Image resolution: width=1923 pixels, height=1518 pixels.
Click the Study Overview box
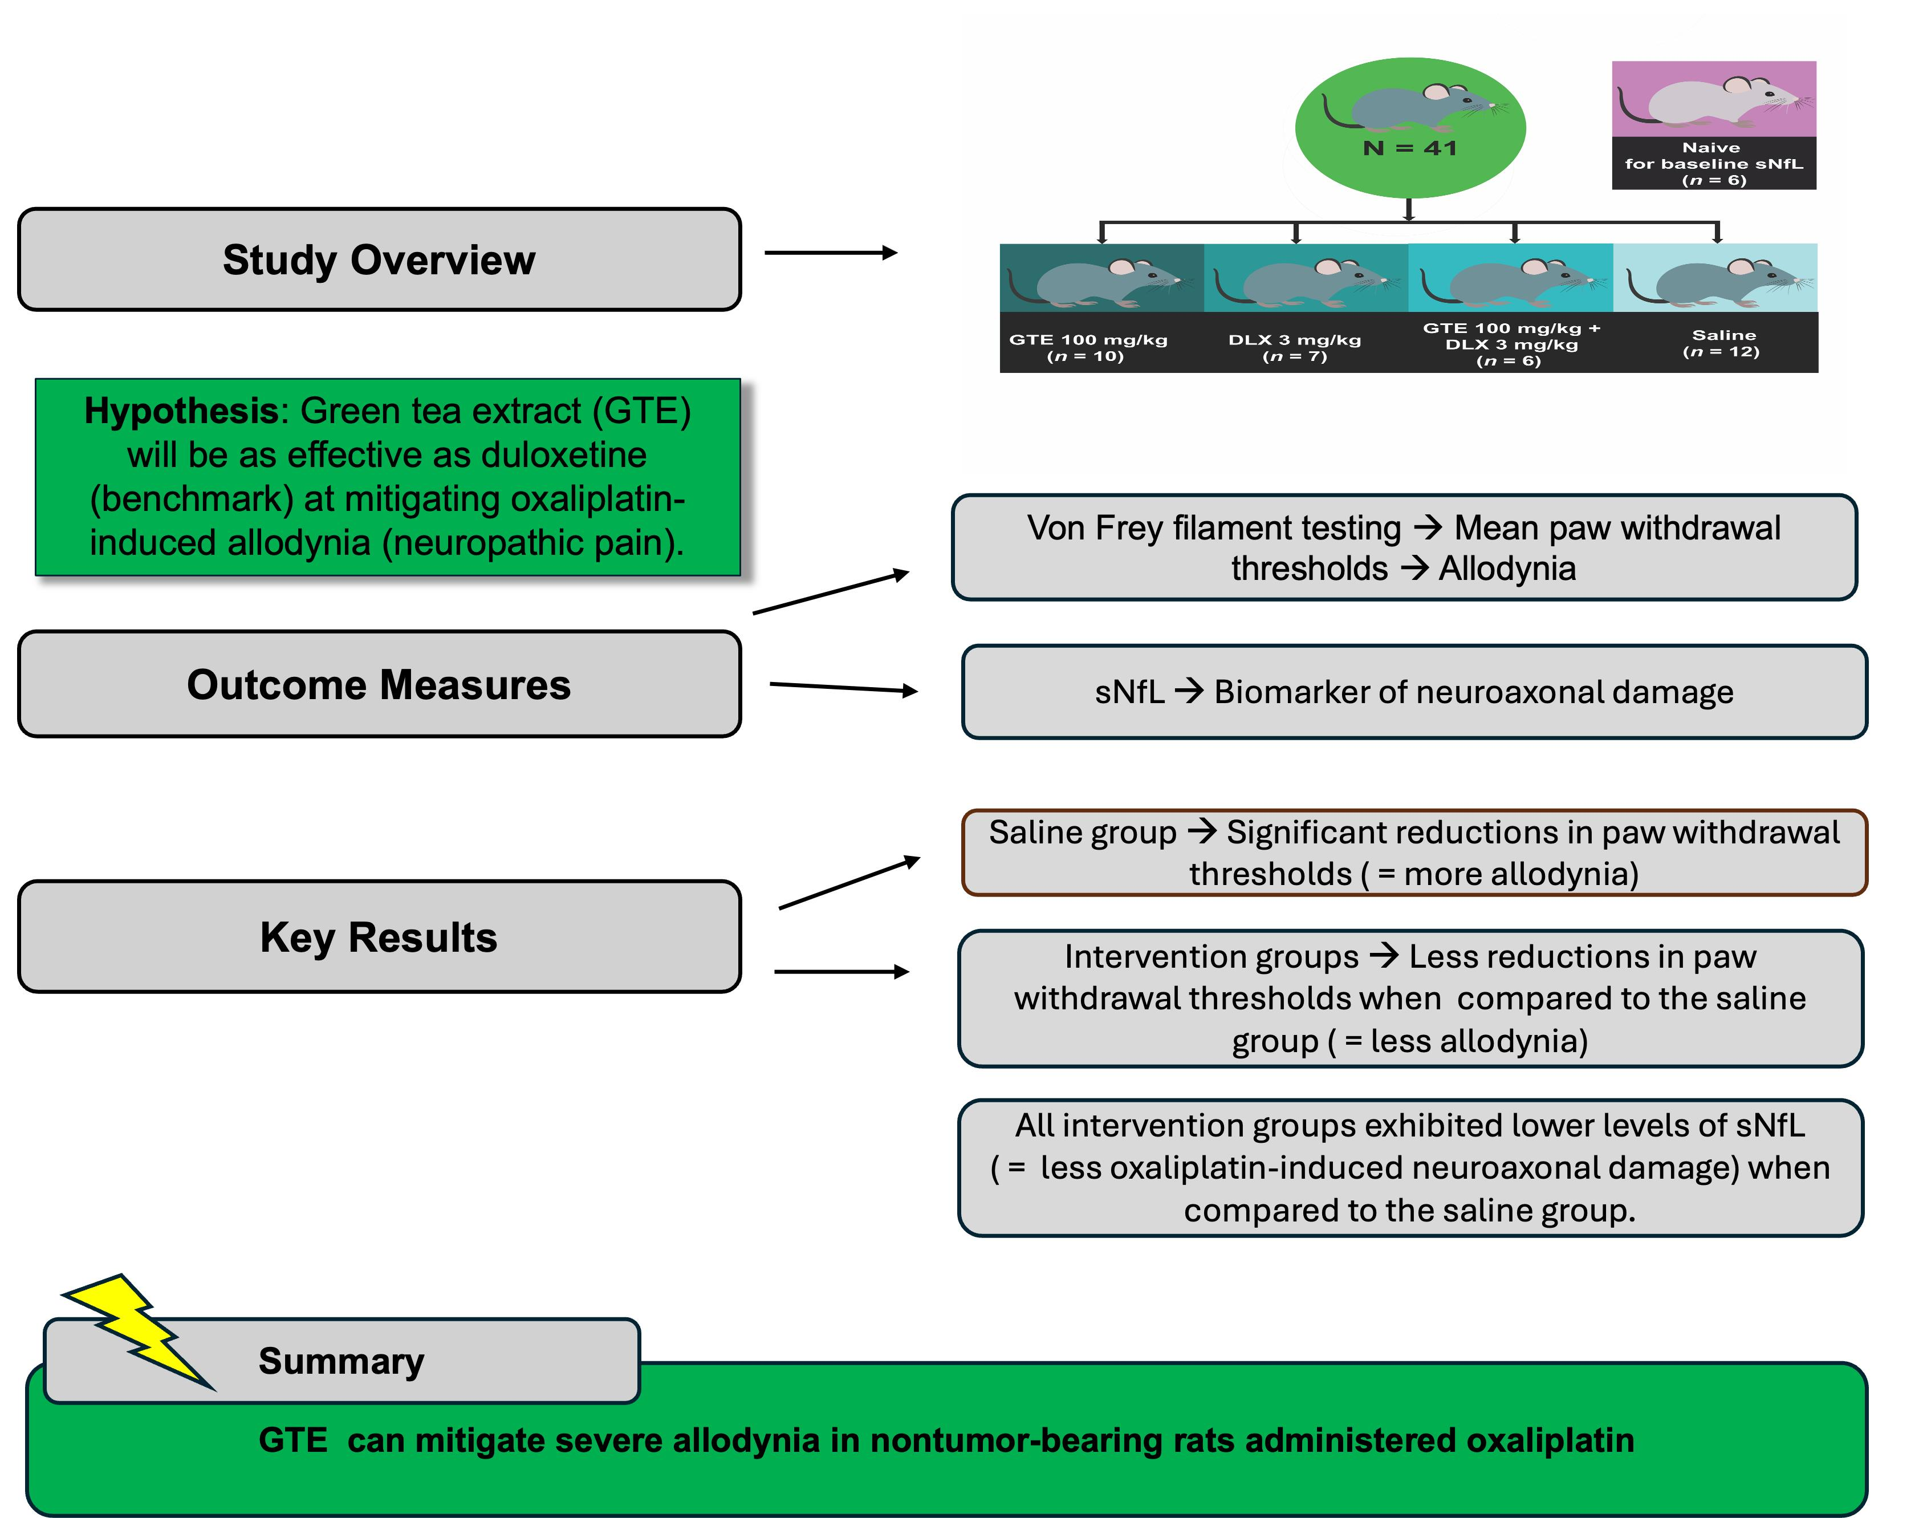click(380, 259)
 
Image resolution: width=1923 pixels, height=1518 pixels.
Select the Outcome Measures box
click(380, 684)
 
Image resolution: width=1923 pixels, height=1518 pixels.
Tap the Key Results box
click(380, 937)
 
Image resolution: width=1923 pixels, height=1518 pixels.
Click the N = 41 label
click(1410, 148)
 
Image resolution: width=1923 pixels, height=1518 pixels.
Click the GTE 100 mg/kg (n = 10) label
click(1088, 347)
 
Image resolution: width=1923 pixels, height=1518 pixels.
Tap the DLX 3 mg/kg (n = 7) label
click(1295, 347)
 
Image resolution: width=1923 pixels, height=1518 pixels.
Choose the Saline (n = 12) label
click(1722, 343)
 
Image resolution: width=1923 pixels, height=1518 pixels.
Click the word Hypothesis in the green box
click(181, 412)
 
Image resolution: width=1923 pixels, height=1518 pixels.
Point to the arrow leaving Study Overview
click(831, 253)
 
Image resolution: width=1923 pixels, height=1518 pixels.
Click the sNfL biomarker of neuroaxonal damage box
click(1414, 692)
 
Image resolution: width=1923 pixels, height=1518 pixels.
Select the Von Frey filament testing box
click(1405, 547)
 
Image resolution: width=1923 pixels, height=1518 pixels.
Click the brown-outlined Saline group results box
click(1414, 853)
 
